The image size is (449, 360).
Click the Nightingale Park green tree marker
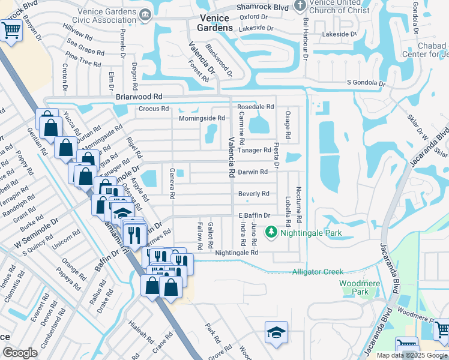(271, 232)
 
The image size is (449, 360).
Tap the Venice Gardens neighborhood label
(214, 23)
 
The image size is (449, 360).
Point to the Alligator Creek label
(318, 272)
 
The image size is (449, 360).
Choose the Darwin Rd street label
(253, 172)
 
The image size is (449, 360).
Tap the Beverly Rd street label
(253, 194)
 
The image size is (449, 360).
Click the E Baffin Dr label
(255, 215)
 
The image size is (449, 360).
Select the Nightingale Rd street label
(237, 253)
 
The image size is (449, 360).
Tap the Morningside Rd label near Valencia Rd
(202, 118)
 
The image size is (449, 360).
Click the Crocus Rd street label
(154, 109)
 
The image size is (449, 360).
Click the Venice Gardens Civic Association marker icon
(144, 14)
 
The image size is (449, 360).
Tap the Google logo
(20, 353)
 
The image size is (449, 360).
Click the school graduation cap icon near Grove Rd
(277, 332)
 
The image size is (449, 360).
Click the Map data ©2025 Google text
(412, 355)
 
